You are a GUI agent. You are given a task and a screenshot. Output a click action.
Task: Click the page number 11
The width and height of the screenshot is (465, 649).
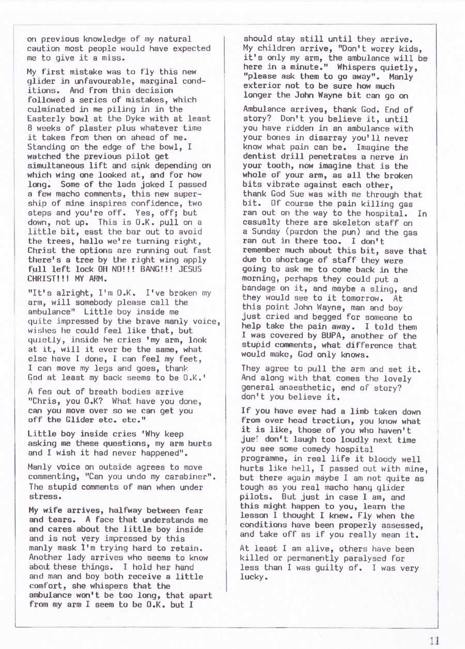(x=435, y=640)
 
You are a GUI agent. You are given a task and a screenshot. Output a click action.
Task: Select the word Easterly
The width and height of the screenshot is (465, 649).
(x=46, y=118)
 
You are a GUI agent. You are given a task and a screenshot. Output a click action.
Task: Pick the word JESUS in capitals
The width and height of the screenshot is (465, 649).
(x=190, y=269)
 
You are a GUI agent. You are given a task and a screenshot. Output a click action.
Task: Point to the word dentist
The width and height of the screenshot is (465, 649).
(x=259, y=157)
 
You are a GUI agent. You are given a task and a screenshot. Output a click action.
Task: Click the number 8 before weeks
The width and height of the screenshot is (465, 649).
(x=29, y=128)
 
